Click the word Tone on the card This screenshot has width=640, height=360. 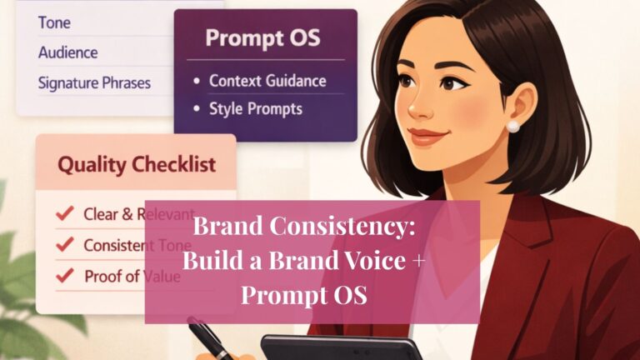[x=54, y=22]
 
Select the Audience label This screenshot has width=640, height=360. [x=67, y=52]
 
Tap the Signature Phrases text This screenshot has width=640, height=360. [x=94, y=83]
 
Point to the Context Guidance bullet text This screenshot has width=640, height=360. [x=267, y=81]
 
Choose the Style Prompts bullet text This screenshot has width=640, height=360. [x=255, y=108]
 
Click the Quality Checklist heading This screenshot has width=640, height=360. [x=136, y=165]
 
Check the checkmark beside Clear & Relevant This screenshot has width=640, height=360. [x=64, y=214]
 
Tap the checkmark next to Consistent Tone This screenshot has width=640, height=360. [x=64, y=245]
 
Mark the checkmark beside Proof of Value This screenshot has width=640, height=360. [x=64, y=276]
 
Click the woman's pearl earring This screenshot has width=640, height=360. [x=513, y=127]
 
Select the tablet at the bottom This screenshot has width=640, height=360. [x=342, y=347]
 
